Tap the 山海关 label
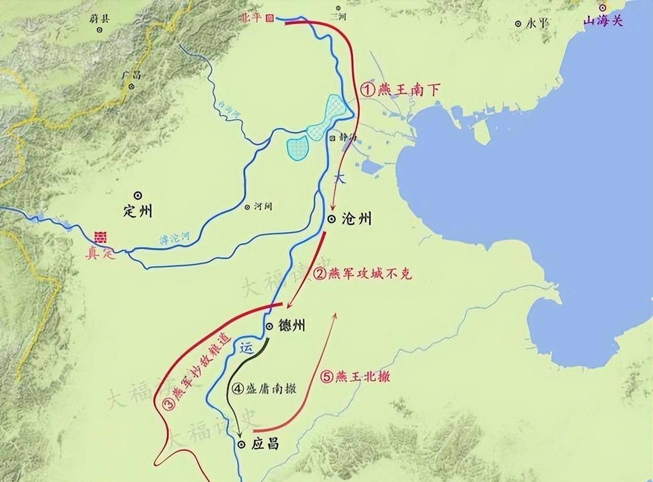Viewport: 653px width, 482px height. (604, 21)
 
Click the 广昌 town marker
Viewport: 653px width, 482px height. (132, 87)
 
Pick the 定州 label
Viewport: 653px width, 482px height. (138, 211)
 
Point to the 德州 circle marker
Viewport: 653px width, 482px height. (269, 326)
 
